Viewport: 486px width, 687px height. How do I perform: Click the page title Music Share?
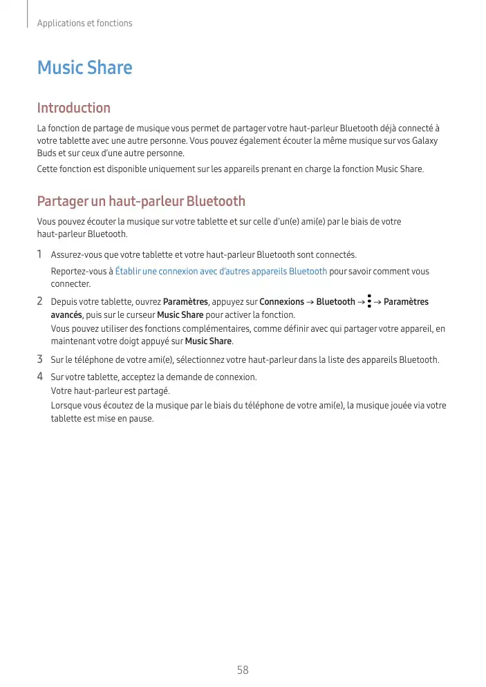coord(84,68)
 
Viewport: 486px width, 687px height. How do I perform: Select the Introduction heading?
coord(73,108)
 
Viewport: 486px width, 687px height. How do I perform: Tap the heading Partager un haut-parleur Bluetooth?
coord(141,201)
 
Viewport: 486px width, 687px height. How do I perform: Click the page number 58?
coord(243,670)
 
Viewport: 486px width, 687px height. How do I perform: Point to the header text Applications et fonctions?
coord(84,23)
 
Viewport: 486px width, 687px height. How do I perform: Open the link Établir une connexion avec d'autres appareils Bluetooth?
coord(221,272)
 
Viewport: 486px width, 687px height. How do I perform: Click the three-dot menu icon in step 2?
coord(370,301)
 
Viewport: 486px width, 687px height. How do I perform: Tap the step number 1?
coord(40,254)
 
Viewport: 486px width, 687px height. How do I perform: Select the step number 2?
coord(40,301)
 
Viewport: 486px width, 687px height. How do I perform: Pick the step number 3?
coord(40,359)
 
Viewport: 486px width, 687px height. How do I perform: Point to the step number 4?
coord(40,377)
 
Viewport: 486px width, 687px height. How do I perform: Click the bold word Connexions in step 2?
coord(281,302)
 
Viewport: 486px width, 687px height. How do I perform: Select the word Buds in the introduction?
coord(46,153)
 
